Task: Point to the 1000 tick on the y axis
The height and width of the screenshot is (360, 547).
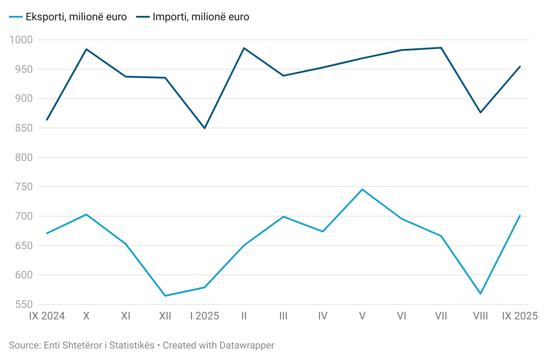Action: tap(22, 40)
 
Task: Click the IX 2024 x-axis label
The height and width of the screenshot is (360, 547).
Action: tap(47, 316)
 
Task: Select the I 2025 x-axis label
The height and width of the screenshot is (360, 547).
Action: tap(204, 316)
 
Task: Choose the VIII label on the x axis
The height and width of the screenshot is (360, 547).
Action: tap(480, 316)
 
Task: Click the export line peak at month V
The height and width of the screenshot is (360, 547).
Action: tap(362, 189)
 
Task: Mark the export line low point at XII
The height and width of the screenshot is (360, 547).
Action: tap(165, 296)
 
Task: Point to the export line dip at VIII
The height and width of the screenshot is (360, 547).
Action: tap(480, 293)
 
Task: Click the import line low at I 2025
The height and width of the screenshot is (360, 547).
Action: tap(204, 128)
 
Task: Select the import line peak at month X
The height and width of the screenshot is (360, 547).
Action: tap(86, 49)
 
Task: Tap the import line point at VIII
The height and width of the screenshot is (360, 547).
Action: tap(480, 112)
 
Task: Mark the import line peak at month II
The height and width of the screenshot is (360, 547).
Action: tap(244, 48)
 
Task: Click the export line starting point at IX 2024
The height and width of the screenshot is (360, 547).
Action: tap(47, 233)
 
